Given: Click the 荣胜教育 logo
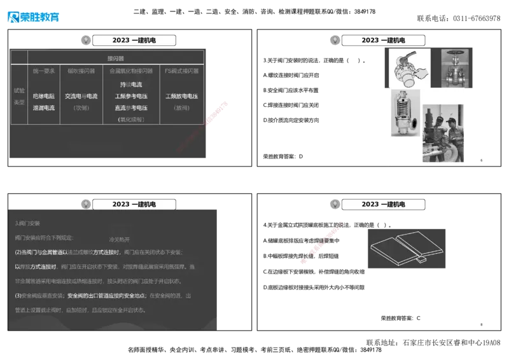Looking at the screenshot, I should (33, 16).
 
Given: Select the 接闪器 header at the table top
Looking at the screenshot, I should (116, 58).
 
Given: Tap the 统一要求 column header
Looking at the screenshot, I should (44, 71).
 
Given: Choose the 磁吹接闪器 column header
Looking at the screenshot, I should (81, 71).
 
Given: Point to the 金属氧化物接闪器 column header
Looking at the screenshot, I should (131, 71).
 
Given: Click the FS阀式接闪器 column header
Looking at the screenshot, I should (181, 71).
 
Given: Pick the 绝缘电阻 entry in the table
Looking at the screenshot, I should (44, 96).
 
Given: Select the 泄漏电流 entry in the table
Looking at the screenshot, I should (44, 107).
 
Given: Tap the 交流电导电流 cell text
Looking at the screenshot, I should (81, 96).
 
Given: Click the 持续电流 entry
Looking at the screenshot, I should (131, 85).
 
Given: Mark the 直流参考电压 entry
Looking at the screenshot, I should (131, 107).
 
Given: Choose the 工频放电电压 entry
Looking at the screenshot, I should (181, 96).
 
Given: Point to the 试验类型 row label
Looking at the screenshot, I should (19, 96).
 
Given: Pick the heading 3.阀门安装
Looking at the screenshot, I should (27, 223).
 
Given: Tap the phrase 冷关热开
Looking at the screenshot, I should (120, 240).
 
